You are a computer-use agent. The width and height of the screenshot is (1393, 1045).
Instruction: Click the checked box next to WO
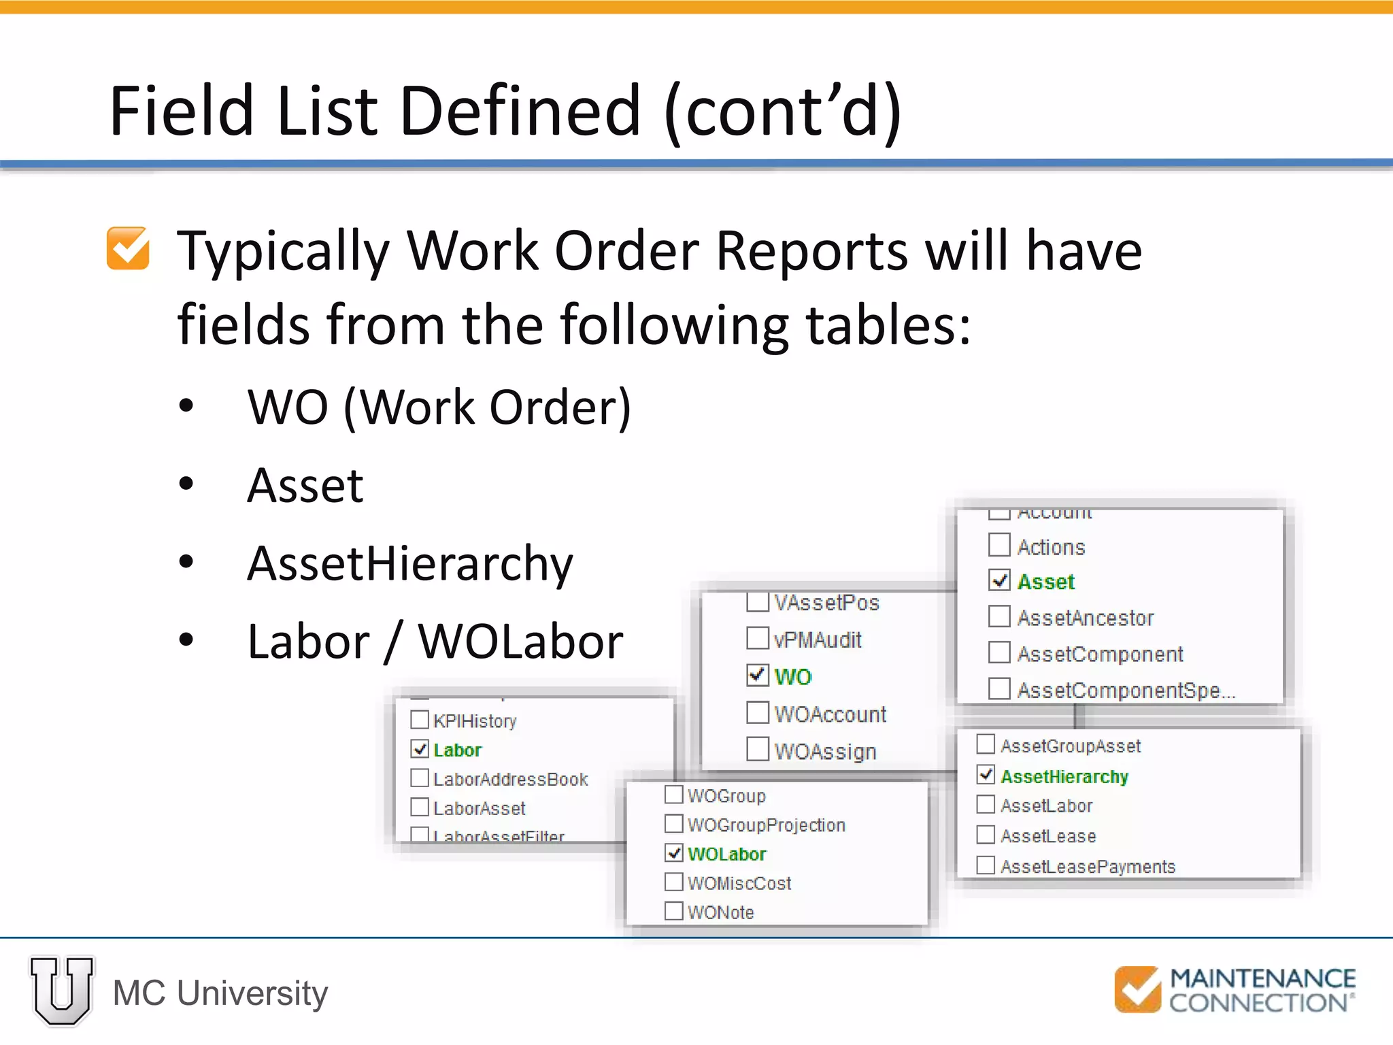point(758,675)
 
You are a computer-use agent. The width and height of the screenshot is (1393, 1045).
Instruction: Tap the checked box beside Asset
point(999,580)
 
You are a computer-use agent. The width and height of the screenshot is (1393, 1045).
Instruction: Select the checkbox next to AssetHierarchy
point(986,774)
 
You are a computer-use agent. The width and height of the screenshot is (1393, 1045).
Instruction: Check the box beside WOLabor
point(673,852)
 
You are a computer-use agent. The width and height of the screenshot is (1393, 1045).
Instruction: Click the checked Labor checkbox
point(420,748)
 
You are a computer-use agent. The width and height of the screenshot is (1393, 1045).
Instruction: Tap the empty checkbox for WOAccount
point(758,712)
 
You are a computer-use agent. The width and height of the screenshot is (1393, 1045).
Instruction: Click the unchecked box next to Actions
point(999,545)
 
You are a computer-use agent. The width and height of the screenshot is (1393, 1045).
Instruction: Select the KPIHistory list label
point(475,720)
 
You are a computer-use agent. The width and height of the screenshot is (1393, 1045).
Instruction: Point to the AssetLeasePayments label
point(1088,866)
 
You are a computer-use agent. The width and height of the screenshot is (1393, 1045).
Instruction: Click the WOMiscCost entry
point(739,883)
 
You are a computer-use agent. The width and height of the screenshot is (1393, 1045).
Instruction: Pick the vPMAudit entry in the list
point(817,640)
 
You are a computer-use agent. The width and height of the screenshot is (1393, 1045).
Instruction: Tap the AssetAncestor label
point(1086,618)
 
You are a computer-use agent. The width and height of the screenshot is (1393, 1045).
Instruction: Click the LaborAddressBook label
point(510,779)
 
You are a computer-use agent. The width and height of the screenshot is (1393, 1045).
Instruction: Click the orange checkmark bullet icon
point(128,248)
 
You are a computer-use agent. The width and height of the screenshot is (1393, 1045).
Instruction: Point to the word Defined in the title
point(521,111)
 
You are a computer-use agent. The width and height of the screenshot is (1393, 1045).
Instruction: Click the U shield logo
point(62,991)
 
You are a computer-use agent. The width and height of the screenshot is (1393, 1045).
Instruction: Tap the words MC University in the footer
point(220,993)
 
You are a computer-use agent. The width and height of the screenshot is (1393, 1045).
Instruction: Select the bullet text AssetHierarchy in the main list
point(410,563)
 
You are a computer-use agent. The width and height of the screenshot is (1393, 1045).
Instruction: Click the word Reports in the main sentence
point(813,250)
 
